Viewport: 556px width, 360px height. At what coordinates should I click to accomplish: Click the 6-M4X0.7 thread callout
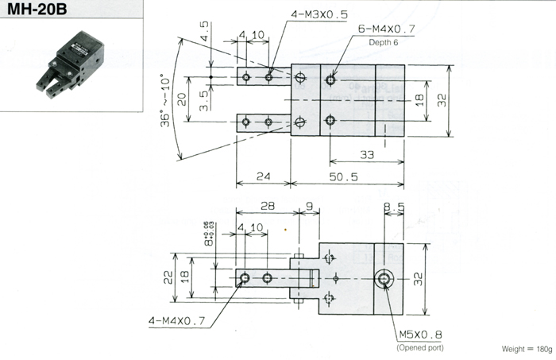pyautogui.click(x=388, y=29)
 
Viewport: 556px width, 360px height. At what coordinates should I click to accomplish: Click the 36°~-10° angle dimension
pyautogui.click(x=166, y=102)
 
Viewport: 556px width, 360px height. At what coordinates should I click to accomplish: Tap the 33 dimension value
pyautogui.click(x=367, y=154)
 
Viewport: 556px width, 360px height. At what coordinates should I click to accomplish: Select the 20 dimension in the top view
pyautogui.click(x=183, y=99)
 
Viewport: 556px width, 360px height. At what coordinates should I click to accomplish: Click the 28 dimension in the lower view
pyautogui.click(x=267, y=207)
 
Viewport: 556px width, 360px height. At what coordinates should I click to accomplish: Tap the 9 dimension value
pyautogui.click(x=308, y=207)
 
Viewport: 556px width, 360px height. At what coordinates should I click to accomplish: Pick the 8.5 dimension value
pyautogui.click(x=394, y=207)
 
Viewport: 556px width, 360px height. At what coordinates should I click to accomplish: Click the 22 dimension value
pyautogui.click(x=169, y=276)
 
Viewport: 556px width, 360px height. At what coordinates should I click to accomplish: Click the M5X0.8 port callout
pyautogui.click(x=420, y=335)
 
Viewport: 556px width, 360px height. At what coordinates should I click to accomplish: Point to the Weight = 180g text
pyautogui.click(x=526, y=348)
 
